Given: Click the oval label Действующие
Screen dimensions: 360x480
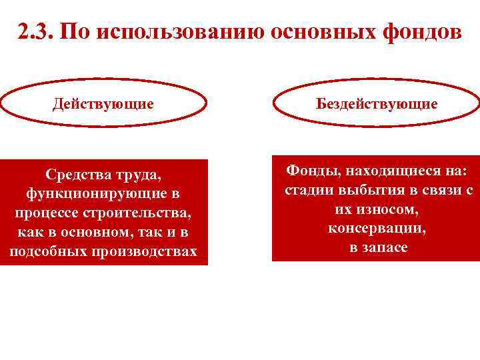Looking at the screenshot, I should click(x=103, y=104).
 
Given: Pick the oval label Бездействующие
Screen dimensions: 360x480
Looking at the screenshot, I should click(x=377, y=104).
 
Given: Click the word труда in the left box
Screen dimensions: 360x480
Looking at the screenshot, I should click(x=139, y=175).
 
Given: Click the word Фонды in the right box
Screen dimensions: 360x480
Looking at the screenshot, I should click(x=310, y=171).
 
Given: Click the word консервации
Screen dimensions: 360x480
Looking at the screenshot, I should click(x=377, y=229).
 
